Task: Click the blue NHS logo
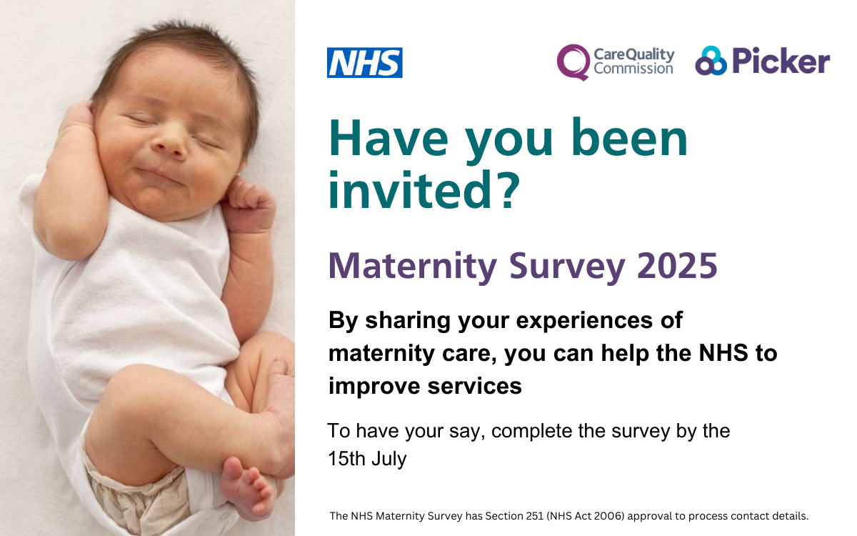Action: [x=365, y=62]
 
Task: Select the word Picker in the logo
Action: [x=781, y=61]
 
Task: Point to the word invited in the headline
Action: [x=410, y=190]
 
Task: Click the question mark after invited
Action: [x=507, y=190]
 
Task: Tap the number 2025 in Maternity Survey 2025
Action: [x=677, y=265]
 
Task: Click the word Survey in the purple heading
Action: [x=566, y=268]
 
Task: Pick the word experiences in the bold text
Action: [x=584, y=321]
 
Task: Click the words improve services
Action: [x=425, y=386]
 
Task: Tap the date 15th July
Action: [x=367, y=459]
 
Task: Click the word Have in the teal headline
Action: [x=388, y=138]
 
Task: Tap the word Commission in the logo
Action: [x=633, y=69]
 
